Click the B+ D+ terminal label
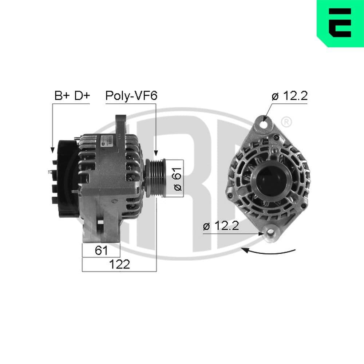click(x=72, y=96)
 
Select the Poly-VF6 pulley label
click(x=131, y=96)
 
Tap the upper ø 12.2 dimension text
click(x=290, y=96)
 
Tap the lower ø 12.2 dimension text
click(x=221, y=226)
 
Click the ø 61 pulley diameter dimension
click(x=177, y=178)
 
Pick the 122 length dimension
click(x=120, y=264)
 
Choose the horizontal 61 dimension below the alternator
click(x=101, y=250)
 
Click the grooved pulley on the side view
click(x=155, y=178)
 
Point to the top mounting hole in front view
click(x=265, y=123)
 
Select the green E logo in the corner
click(x=340, y=23)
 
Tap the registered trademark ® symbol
click(x=286, y=122)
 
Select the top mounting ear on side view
click(x=120, y=124)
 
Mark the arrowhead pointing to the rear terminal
click(x=52, y=149)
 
